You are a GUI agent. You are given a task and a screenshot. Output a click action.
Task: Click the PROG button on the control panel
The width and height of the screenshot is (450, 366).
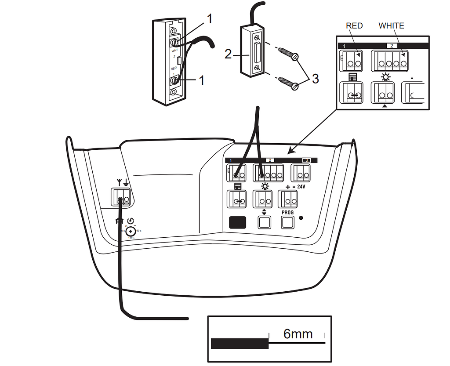click(x=287, y=222)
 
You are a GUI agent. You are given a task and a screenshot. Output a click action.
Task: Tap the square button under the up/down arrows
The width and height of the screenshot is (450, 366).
click(x=264, y=222)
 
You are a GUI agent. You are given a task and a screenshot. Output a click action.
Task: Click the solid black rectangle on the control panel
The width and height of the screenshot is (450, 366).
click(x=237, y=222)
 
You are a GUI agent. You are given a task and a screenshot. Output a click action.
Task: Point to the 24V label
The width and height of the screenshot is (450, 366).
click(x=301, y=187)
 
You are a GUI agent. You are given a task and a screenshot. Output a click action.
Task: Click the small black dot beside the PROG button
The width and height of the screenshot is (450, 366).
click(x=301, y=217)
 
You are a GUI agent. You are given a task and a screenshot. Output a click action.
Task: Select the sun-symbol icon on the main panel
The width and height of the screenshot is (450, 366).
click(x=265, y=186)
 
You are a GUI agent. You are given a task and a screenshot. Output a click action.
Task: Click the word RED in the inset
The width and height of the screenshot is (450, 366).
click(x=354, y=26)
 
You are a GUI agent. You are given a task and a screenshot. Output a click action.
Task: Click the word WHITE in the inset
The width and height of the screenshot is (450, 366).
click(x=391, y=26)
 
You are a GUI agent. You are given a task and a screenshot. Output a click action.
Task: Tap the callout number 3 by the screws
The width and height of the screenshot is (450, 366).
click(x=315, y=79)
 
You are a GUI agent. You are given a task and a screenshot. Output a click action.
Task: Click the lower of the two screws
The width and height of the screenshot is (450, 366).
click(x=287, y=83)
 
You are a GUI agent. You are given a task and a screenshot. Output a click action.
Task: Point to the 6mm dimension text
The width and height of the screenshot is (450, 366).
click(x=298, y=334)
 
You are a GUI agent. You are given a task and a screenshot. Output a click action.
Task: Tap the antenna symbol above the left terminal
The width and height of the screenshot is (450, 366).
click(x=118, y=182)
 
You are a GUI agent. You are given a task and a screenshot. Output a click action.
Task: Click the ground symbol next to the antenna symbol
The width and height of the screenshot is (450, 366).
click(x=126, y=182)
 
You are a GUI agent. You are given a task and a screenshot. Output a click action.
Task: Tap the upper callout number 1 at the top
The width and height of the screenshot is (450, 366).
click(x=210, y=18)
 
